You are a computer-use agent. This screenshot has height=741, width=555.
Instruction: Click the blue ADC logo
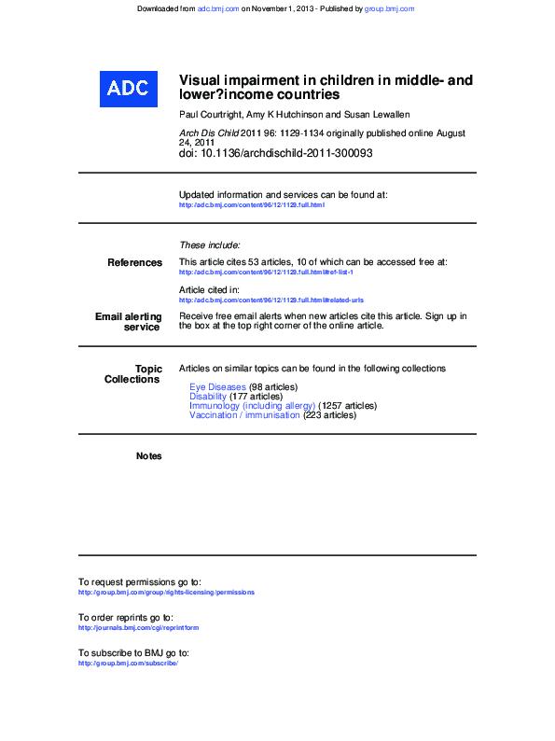click(x=127, y=88)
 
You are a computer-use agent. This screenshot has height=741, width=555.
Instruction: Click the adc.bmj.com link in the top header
click(x=218, y=8)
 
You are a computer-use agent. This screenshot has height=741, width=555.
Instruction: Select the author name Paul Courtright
click(x=210, y=114)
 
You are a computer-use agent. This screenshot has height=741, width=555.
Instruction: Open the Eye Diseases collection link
click(x=217, y=386)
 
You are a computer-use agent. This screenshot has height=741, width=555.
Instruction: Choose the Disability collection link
click(x=207, y=396)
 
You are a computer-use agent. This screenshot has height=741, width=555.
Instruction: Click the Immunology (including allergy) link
click(x=252, y=406)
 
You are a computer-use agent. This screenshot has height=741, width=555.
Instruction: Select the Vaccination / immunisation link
click(x=244, y=415)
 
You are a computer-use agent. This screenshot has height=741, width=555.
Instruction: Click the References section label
click(x=134, y=263)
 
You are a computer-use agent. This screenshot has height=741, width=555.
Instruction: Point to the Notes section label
click(x=148, y=456)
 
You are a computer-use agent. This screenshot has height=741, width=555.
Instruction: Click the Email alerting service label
click(x=129, y=322)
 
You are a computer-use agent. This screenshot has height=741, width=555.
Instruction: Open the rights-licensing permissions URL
click(x=166, y=593)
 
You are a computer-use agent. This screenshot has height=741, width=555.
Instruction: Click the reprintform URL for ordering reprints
click(x=138, y=628)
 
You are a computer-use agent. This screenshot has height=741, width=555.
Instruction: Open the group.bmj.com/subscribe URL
click(x=128, y=664)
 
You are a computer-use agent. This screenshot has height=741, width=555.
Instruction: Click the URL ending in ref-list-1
click(x=266, y=273)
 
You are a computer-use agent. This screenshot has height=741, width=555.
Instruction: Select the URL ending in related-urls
click(x=271, y=301)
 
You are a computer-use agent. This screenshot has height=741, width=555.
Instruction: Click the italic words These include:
click(x=209, y=245)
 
